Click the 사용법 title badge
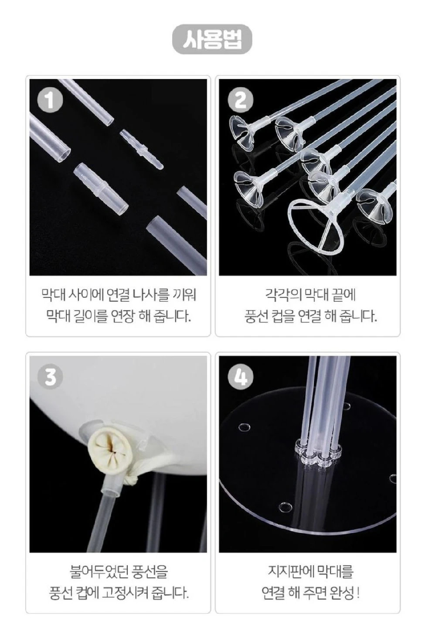coord(212,39)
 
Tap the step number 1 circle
coord(50,100)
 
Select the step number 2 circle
coord(240,100)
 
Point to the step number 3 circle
coord(50,377)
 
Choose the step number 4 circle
coord(240,377)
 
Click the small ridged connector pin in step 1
coord(142,149)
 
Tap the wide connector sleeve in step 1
coord(101,188)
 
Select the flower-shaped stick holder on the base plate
coord(319,452)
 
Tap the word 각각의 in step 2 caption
coord(282,295)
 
